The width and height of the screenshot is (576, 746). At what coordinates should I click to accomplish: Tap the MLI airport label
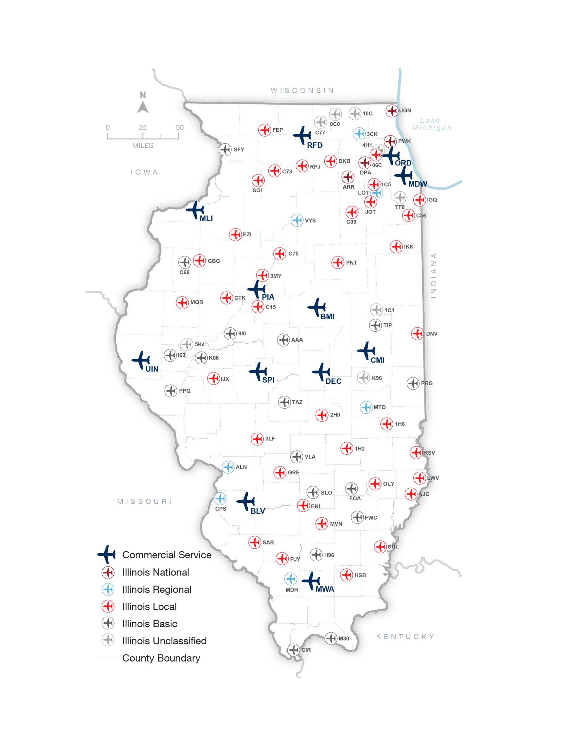point(206,218)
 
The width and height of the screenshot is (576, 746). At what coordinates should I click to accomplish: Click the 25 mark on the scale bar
point(143,127)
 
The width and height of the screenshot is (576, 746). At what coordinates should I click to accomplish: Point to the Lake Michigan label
point(431,124)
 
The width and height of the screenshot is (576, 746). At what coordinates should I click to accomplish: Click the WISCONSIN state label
point(302,91)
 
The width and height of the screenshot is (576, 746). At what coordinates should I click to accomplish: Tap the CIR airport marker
point(294,650)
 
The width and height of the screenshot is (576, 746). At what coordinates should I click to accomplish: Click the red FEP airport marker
point(265,130)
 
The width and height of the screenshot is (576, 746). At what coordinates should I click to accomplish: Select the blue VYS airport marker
point(297,220)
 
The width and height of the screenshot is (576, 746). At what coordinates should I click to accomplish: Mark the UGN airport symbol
point(392,111)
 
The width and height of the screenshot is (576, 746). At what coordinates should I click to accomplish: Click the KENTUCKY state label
point(405,636)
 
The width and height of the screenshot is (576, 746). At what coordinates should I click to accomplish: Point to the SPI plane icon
point(258,371)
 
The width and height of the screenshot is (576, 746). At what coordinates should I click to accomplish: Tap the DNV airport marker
point(417,333)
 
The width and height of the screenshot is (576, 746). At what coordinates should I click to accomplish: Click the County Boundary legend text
point(161,658)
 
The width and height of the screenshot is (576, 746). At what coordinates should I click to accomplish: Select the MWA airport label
point(325,589)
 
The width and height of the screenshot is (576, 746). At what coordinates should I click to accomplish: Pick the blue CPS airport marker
point(220,499)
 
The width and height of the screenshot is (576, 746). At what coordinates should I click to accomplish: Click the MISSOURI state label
point(145,502)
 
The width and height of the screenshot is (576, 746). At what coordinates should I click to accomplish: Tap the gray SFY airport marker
point(225,149)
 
